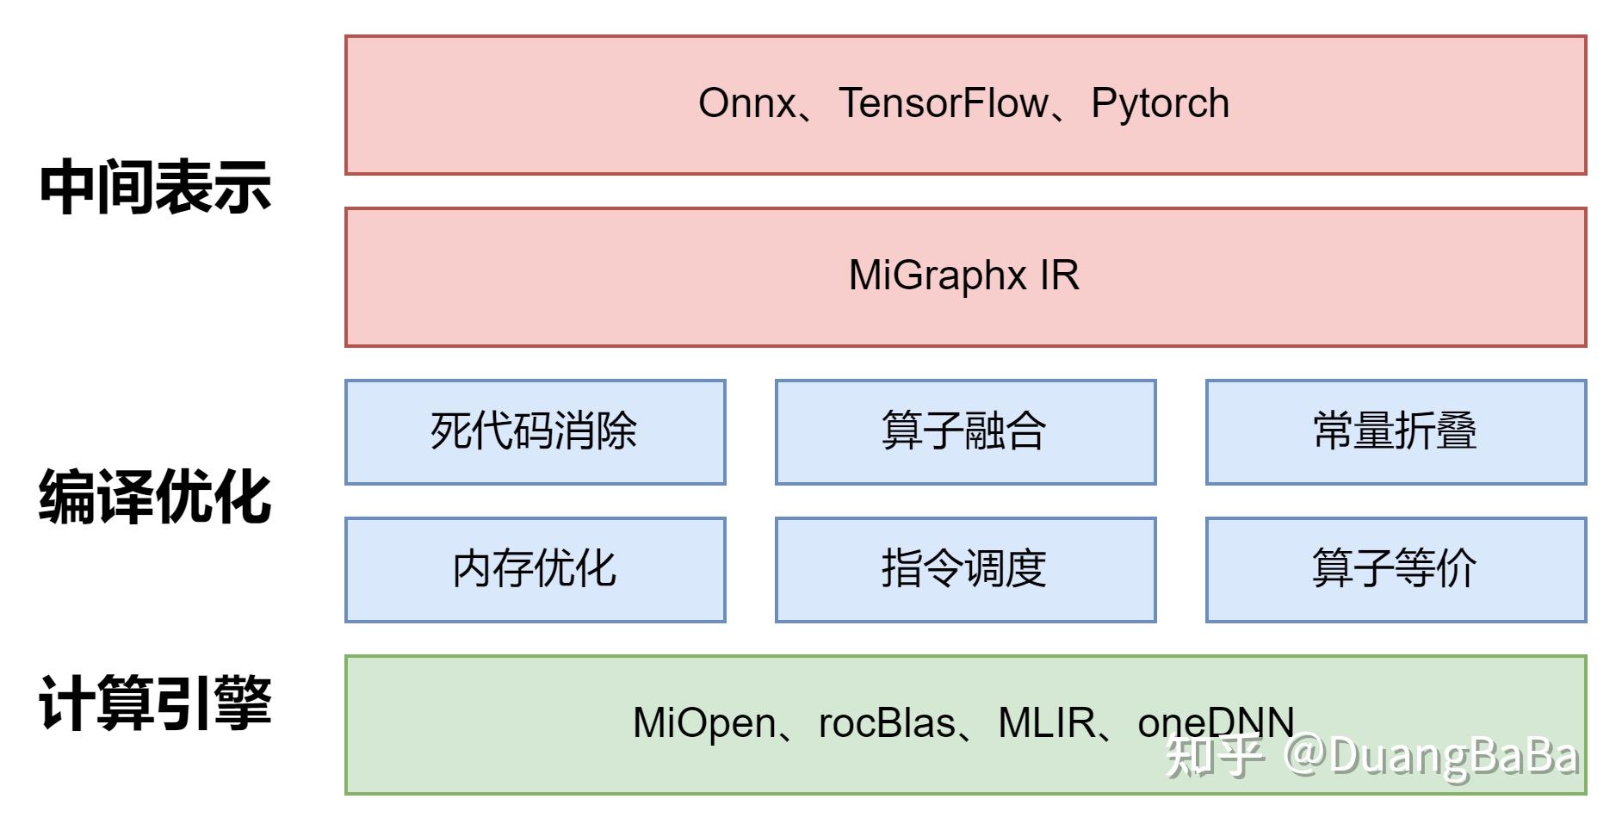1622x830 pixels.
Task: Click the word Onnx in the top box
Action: pyautogui.click(x=746, y=104)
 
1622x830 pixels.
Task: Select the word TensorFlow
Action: pyautogui.click(x=944, y=104)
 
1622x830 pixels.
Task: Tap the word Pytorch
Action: pyautogui.click(x=1160, y=104)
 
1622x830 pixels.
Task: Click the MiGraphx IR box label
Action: pyautogui.click(x=963, y=276)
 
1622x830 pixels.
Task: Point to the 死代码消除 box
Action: pyautogui.click(x=535, y=431)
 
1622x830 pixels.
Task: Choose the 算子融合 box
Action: pyautogui.click(x=964, y=431)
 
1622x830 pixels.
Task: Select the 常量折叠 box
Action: pyautogui.click(x=1395, y=431)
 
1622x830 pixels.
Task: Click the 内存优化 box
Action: pyautogui.click(x=535, y=569)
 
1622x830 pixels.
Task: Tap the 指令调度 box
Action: pyautogui.click(x=964, y=569)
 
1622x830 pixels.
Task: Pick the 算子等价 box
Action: pyautogui.click(x=1395, y=569)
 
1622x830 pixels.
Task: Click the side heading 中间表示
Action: pyautogui.click(x=155, y=187)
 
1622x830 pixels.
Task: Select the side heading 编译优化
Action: pyautogui.click(x=155, y=497)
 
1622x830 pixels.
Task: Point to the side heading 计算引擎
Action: pyautogui.click(x=155, y=703)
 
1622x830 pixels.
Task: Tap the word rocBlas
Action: pyautogui.click(x=887, y=723)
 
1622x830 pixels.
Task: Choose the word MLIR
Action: pyautogui.click(x=1046, y=723)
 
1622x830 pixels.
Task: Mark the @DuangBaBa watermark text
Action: pyautogui.click(x=1431, y=757)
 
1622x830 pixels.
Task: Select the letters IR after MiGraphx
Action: pyautogui.click(x=1059, y=276)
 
